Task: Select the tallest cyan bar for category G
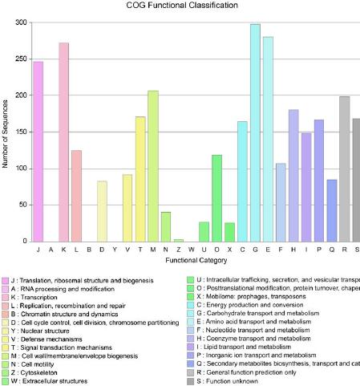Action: pyautogui.click(x=255, y=132)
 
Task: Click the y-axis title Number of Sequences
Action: pyautogui.click(x=6, y=132)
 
